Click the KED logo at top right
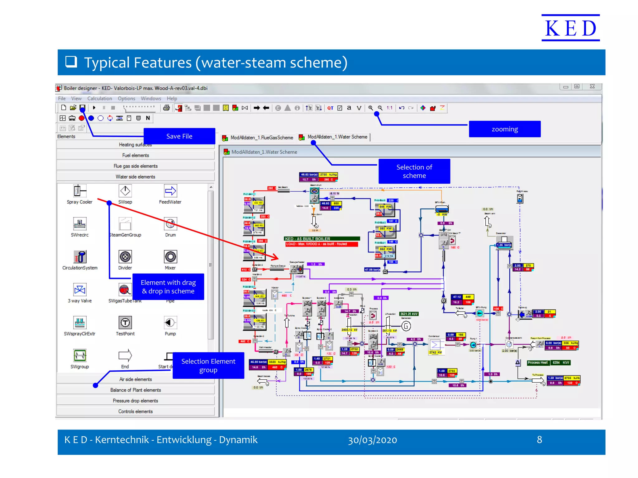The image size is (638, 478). click(570, 28)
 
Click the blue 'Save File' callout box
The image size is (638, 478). click(179, 136)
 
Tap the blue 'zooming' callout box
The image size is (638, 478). click(504, 129)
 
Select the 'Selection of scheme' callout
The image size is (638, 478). click(414, 171)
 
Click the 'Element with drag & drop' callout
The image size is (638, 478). click(168, 287)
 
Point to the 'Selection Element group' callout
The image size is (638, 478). click(208, 365)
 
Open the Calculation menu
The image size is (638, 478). click(99, 98)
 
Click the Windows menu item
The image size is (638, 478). click(151, 98)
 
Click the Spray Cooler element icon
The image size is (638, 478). click(79, 191)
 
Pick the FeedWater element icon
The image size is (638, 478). click(170, 191)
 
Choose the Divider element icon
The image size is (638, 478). click(125, 257)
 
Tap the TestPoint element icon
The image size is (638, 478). click(125, 323)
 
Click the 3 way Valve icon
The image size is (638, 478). click(79, 290)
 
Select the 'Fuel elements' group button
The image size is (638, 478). click(136, 155)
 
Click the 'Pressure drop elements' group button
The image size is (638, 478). click(136, 401)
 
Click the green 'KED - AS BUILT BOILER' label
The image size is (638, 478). click(322, 239)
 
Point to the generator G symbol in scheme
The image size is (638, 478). click(406, 326)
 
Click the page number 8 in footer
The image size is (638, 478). click(539, 440)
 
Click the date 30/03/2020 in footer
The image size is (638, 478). click(372, 440)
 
